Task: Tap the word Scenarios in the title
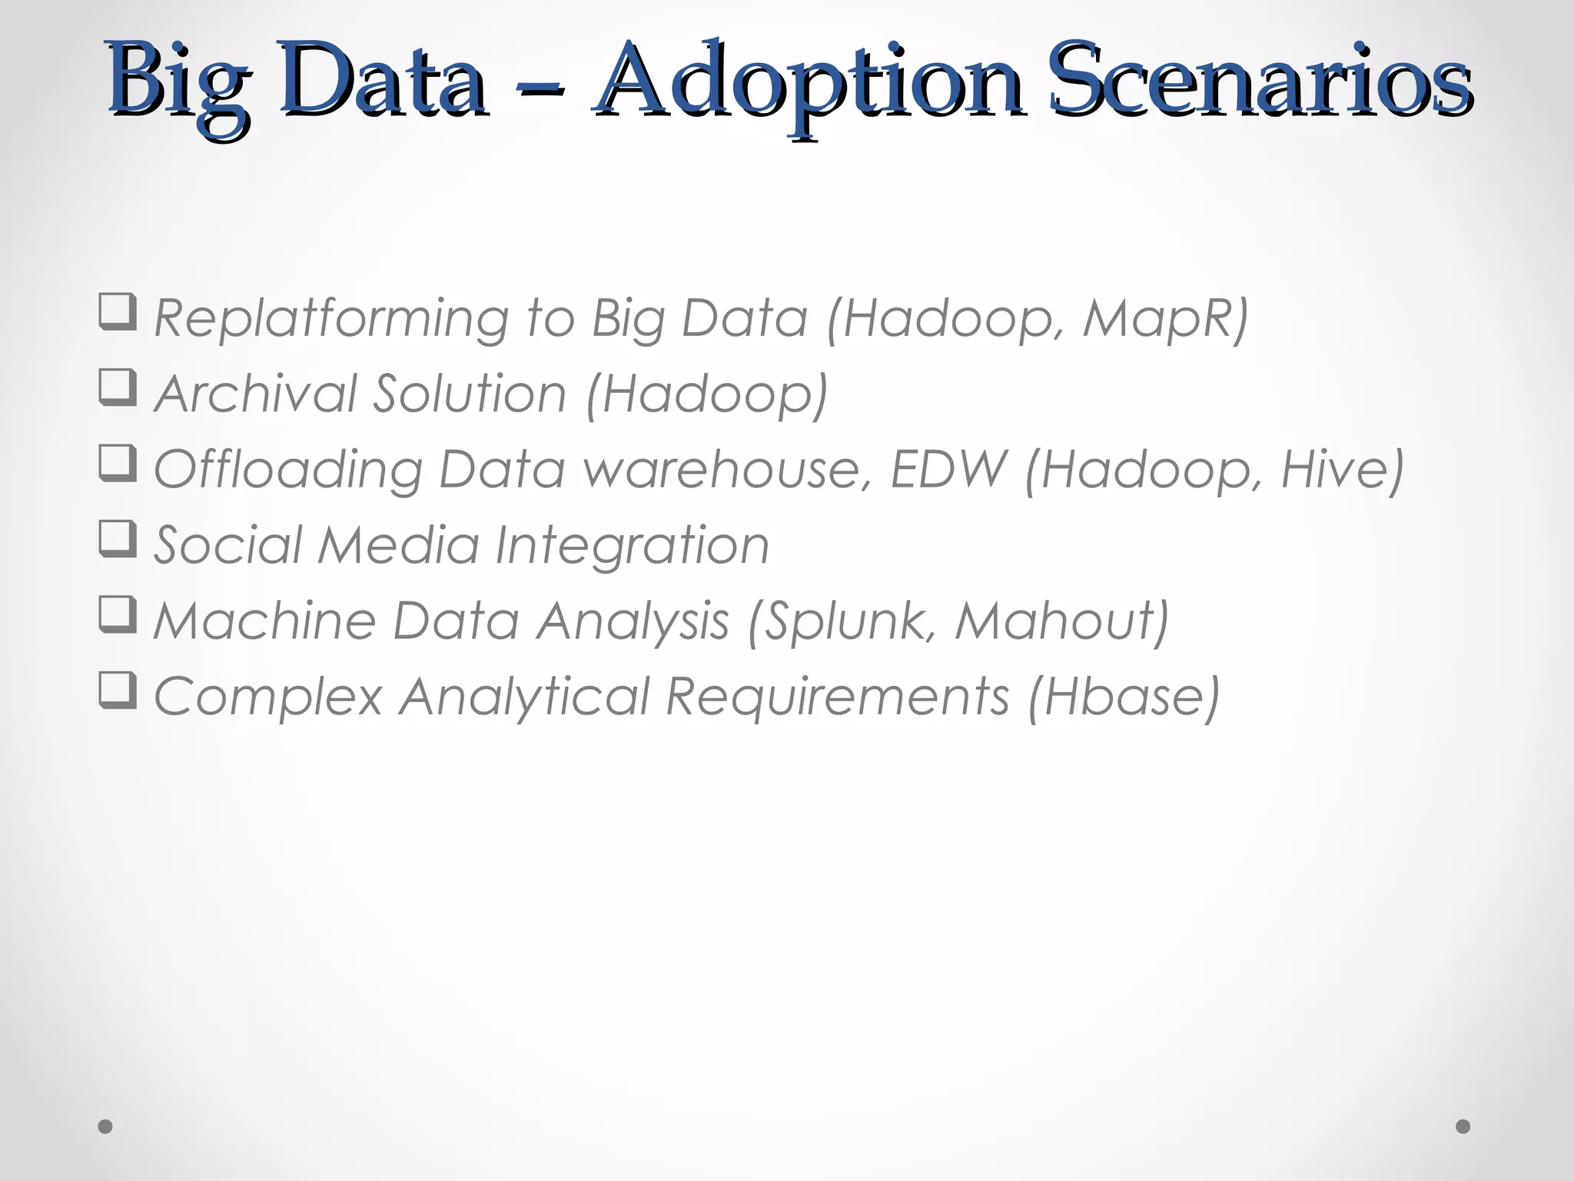pyautogui.click(x=1260, y=81)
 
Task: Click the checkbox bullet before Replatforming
pyautogui.click(x=118, y=312)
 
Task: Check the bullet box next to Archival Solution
pyautogui.click(x=118, y=388)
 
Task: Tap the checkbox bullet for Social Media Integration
pyautogui.click(x=118, y=539)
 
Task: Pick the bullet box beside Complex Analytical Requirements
pyautogui.click(x=118, y=690)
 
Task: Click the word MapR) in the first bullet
pyautogui.click(x=1165, y=318)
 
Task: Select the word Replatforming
pyautogui.click(x=330, y=318)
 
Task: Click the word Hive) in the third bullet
pyautogui.click(x=1342, y=469)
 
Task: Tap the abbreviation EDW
pyautogui.click(x=948, y=469)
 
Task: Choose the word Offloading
pyautogui.click(x=287, y=469)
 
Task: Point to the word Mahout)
pyautogui.click(x=1061, y=621)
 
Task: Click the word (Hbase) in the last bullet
pyautogui.click(x=1124, y=697)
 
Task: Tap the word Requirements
pyautogui.click(x=837, y=697)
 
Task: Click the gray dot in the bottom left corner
pyautogui.click(x=105, y=1126)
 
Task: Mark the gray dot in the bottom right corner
pyautogui.click(x=1463, y=1126)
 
